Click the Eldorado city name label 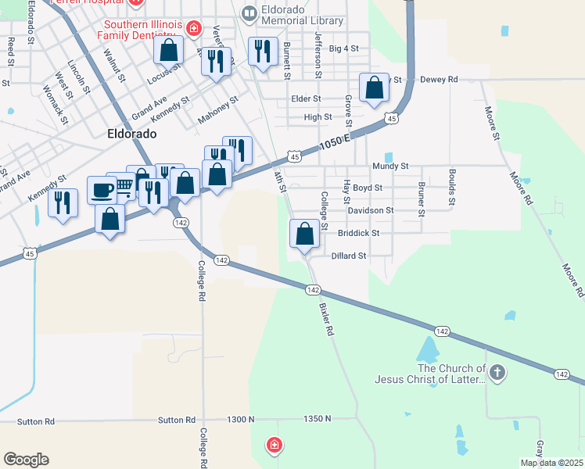point(131,134)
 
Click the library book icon point(249,13)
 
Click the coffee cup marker point(102,189)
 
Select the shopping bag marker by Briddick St point(304,233)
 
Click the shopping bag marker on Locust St point(168,51)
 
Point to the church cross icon point(497,374)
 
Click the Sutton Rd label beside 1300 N point(176,420)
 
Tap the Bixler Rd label point(326,320)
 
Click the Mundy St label point(390,166)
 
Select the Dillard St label point(349,256)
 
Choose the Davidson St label point(370,210)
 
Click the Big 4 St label point(344,48)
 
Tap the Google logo point(26,459)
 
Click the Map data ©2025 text point(551,463)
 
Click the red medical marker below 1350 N point(274,446)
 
